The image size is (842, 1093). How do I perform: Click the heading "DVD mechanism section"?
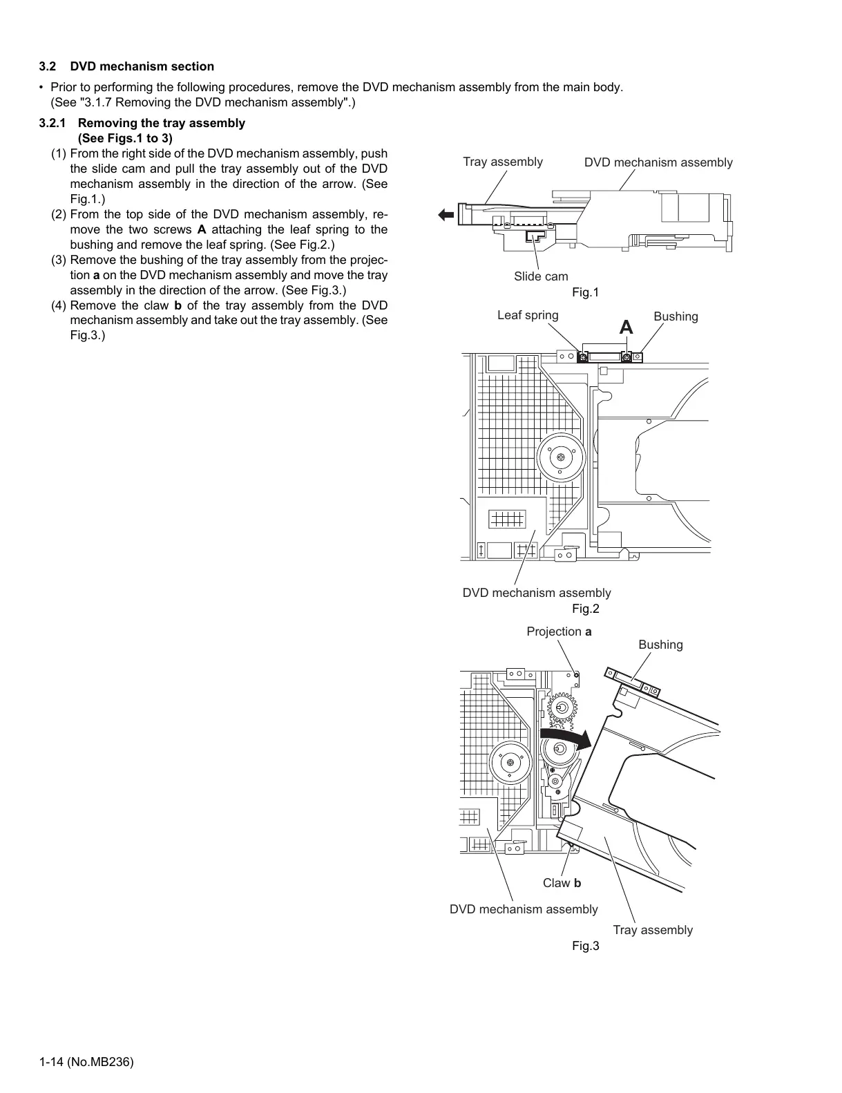(x=142, y=66)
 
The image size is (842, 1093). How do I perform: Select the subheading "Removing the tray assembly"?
(x=162, y=123)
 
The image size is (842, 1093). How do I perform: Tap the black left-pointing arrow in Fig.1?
(x=446, y=215)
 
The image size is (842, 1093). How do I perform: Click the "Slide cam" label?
(x=541, y=276)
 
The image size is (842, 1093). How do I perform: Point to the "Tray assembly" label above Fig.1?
(x=502, y=162)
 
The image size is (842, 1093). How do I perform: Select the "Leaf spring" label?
(x=528, y=315)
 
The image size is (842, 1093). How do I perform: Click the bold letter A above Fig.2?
(x=626, y=327)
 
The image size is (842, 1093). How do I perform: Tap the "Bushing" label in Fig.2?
(x=676, y=316)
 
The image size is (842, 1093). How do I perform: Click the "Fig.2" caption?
(x=585, y=609)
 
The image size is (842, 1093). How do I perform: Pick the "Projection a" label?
(x=559, y=631)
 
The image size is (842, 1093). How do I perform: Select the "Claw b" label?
(x=562, y=883)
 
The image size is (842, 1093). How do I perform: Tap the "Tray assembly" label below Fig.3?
(x=652, y=930)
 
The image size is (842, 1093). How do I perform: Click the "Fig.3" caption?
(x=585, y=946)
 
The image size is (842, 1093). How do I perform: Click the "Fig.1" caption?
(x=585, y=292)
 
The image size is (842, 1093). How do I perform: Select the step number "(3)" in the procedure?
(x=59, y=260)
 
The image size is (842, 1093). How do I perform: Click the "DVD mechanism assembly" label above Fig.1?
(x=658, y=162)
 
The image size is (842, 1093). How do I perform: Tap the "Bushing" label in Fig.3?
(x=660, y=645)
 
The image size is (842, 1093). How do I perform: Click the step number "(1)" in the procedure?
(x=59, y=153)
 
